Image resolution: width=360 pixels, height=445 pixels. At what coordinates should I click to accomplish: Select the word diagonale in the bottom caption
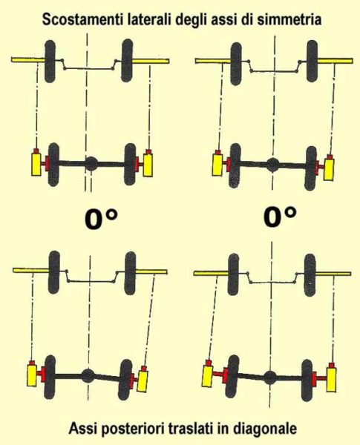pos(265,428)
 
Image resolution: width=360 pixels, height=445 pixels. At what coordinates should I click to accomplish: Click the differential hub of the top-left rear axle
pos(91,164)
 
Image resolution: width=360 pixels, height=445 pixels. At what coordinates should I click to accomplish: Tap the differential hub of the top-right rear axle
pos(272,165)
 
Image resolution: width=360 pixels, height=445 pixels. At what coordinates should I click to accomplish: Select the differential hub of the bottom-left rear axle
pos(88,375)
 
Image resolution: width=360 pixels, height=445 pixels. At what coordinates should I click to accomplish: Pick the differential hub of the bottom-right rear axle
pos(269,378)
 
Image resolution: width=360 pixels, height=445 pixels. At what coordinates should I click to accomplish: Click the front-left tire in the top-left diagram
pos(50,61)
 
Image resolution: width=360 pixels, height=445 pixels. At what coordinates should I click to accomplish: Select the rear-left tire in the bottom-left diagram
pos(50,376)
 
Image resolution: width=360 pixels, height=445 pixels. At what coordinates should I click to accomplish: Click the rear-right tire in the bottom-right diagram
pos(308,380)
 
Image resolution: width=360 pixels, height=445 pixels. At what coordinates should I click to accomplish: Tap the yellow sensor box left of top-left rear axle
pos(36,164)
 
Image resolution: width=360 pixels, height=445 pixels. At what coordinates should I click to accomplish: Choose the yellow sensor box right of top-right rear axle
pos(329,169)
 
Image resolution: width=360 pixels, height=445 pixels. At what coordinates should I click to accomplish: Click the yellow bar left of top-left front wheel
pos(28,59)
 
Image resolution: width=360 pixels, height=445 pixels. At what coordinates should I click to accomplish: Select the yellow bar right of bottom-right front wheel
pos(333,274)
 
